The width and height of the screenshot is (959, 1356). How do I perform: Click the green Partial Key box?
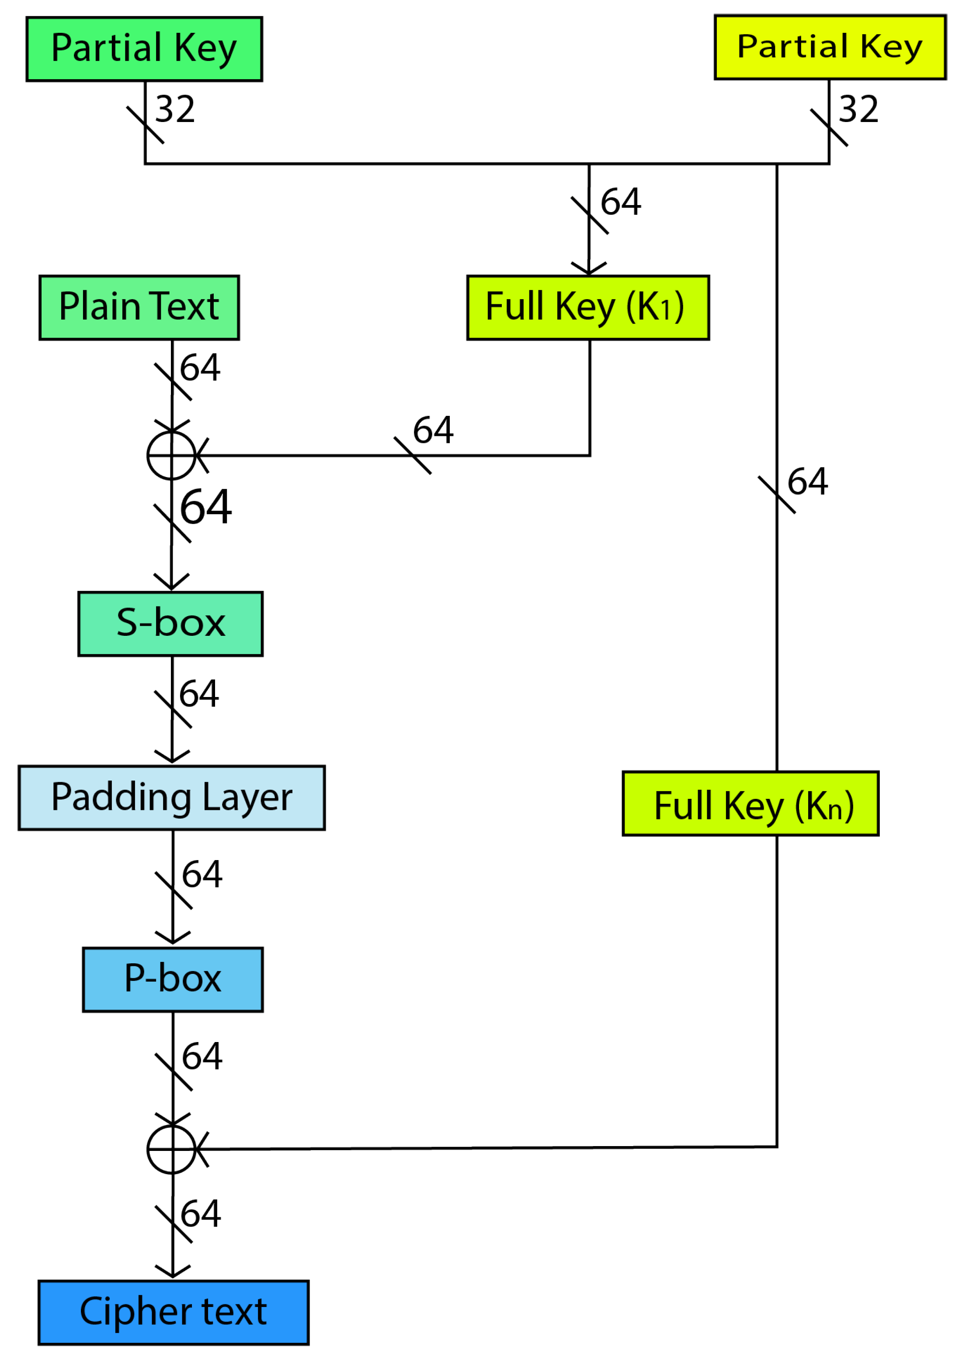tap(144, 49)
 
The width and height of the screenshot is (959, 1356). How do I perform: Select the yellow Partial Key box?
tap(830, 47)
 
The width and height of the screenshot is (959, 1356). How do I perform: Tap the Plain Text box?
tap(139, 308)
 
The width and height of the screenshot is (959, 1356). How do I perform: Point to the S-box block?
tap(170, 624)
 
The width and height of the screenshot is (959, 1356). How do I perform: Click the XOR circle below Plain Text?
tap(171, 455)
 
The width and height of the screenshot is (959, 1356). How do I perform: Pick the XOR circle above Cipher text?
tap(171, 1149)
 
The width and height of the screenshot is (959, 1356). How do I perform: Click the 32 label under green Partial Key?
tap(175, 109)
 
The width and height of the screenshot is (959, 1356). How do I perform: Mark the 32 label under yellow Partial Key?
tap(858, 109)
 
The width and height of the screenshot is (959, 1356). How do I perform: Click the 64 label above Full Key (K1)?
tap(621, 202)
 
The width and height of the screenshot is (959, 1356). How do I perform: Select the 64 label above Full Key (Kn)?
tap(807, 481)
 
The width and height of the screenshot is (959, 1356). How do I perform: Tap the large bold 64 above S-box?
tap(205, 507)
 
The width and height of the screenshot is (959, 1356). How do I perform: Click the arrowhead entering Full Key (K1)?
tap(589, 269)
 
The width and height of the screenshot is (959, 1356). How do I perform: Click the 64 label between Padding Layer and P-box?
tap(202, 875)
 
